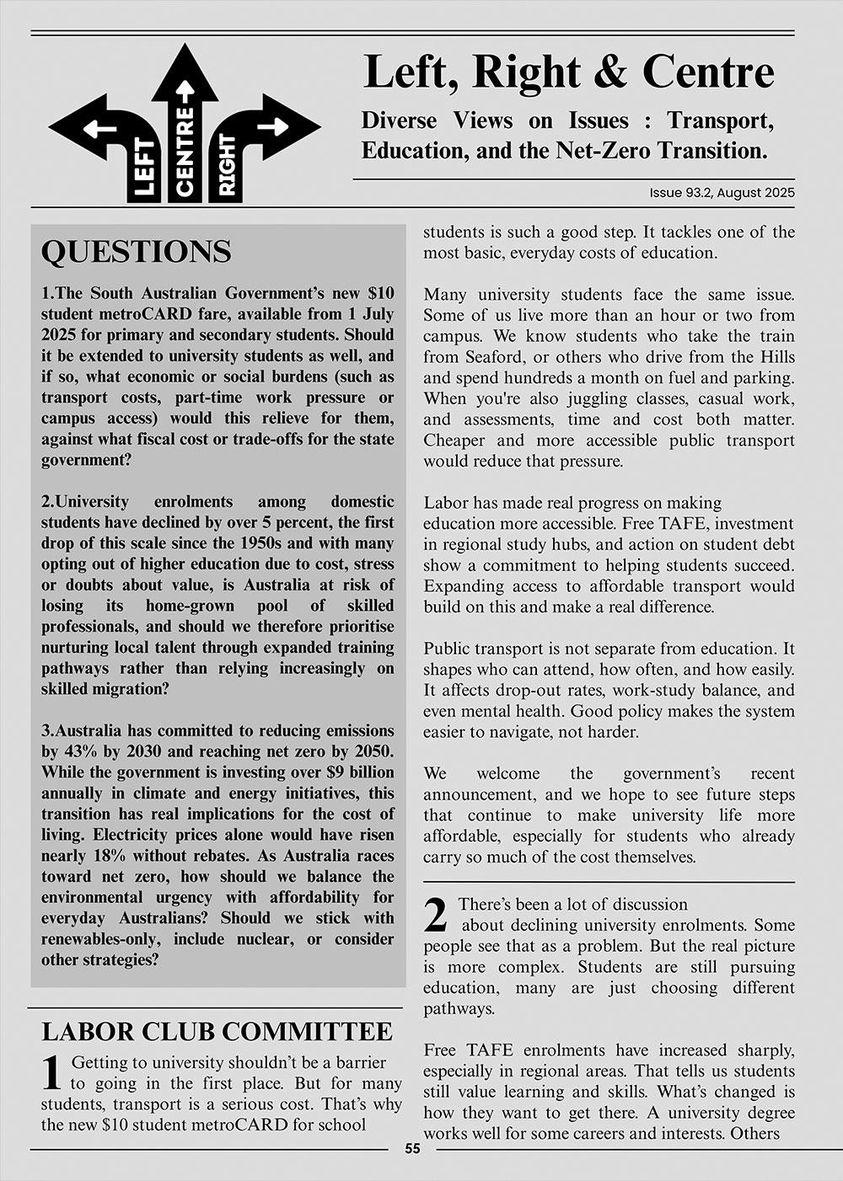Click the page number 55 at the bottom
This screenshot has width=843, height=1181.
[x=412, y=1149]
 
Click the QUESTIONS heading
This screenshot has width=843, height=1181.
[x=136, y=251]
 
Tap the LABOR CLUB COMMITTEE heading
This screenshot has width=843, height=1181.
[x=217, y=1031]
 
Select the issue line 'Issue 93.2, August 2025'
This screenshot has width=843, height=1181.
[x=722, y=193]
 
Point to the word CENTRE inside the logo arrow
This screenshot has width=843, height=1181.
[x=185, y=150]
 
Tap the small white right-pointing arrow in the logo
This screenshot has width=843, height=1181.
[x=271, y=126]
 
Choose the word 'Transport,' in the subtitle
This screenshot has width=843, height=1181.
[x=721, y=120]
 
